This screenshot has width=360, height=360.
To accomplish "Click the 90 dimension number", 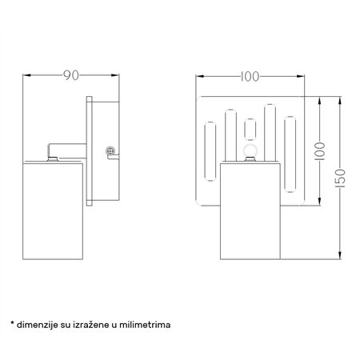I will pyautogui.click(x=71, y=76).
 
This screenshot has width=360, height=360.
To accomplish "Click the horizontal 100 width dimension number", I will pyautogui.click(x=250, y=77).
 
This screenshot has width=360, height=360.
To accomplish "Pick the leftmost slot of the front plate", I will pyautogui.click(x=210, y=158).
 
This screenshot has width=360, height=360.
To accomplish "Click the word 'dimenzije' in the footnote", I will pyautogui.click(x=40, y=326).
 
